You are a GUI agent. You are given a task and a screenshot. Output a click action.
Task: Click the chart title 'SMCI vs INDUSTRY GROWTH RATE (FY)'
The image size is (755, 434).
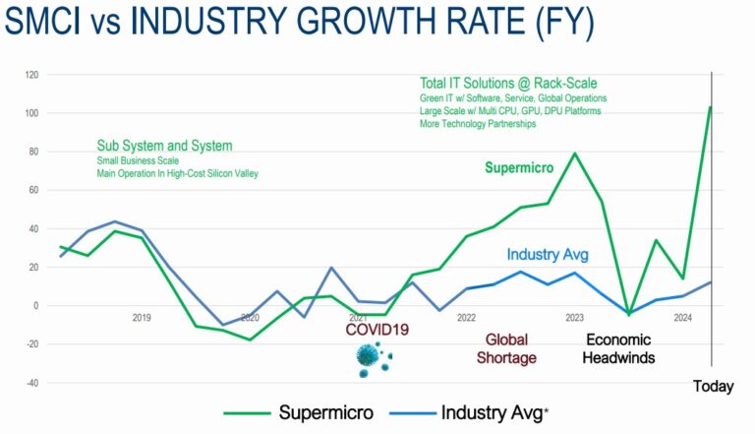point(299,23)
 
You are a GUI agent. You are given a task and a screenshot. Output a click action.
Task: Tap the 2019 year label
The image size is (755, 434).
point(142,318)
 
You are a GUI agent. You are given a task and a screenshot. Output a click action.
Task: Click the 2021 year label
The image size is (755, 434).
point(358,318)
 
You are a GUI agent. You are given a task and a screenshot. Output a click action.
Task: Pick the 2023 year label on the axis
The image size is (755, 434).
point(574,318)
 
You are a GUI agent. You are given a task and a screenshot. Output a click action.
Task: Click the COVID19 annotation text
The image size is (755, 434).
point(375,331)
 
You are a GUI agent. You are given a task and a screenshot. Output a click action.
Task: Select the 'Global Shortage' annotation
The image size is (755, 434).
point(506,348)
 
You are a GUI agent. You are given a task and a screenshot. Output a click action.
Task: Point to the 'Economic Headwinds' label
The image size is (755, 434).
point(619,348)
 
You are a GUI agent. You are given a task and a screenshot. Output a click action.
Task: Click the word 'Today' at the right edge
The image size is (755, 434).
point(714,387)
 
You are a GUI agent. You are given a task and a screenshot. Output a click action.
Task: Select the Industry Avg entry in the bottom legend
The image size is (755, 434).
point(481,412)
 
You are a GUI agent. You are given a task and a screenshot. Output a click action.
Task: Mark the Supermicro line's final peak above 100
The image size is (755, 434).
point(710,107)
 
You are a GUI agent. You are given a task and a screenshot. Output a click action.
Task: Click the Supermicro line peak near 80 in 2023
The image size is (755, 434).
point(575,154)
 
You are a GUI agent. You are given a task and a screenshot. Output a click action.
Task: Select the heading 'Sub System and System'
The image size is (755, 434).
point(164,146)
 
